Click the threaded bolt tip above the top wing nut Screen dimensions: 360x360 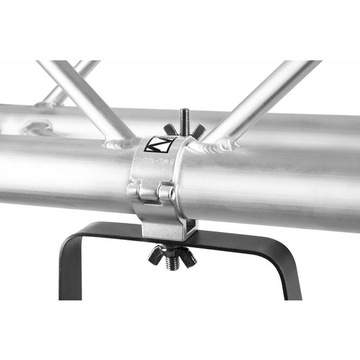tap(185, 113)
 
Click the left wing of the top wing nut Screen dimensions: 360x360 tap(171, 131)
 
